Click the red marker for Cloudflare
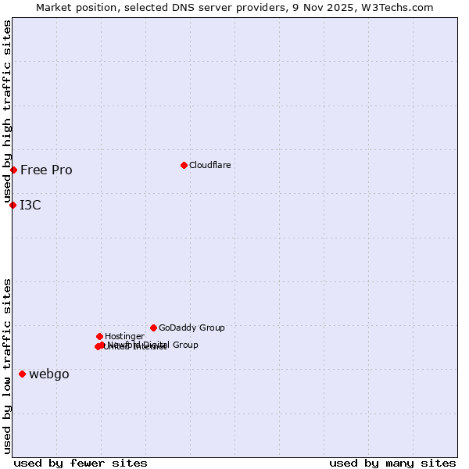(184, 165)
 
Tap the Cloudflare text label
(210, 165)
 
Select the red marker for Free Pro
(13, 170)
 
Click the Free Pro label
(46, 170)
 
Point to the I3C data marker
(13, 205)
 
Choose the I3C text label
(30, 206)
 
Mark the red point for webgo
(22, 374)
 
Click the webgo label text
(49, 374)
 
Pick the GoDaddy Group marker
(153, 328)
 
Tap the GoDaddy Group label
(192, 328)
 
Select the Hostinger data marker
(99, 336)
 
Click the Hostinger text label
(124, 337)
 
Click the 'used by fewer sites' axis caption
(81, 463)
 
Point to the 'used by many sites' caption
(392, 463)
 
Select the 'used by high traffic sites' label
(7, 112)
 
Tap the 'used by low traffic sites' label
(7, 366)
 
